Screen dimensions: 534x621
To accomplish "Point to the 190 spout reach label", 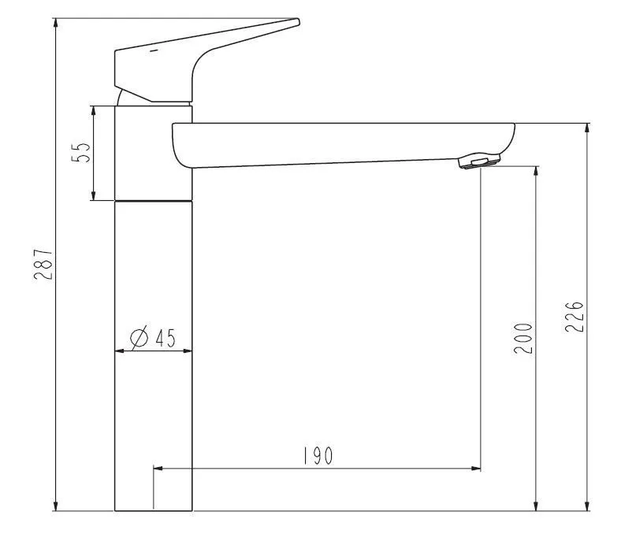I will [317, 456].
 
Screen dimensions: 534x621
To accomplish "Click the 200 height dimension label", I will [523, 337].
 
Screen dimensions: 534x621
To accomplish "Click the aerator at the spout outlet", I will [478, 161].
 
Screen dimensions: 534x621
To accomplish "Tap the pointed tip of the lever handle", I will [297, 21].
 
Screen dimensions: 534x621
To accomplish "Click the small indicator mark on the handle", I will [153, 52].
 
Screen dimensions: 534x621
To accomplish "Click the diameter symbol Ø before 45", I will [138, 338].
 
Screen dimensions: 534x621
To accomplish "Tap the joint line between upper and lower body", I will [154, 201].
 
